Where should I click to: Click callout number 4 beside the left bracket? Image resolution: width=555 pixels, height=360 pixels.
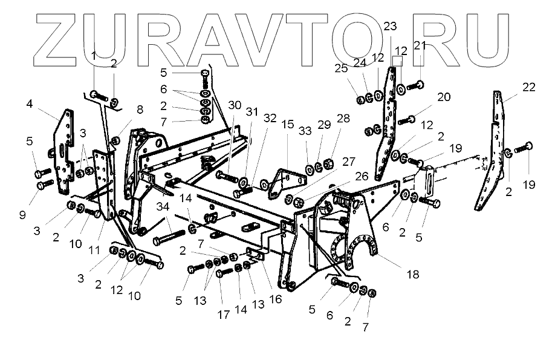click(30, 103)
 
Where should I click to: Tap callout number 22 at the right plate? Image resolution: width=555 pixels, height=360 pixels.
click(528, 87)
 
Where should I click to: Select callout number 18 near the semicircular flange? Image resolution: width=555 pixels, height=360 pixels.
click(412, 274)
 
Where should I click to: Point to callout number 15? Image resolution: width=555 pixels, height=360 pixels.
click(287, 125)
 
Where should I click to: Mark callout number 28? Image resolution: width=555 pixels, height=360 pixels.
click(343, 118)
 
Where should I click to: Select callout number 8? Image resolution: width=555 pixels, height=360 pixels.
click(140, 110)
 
